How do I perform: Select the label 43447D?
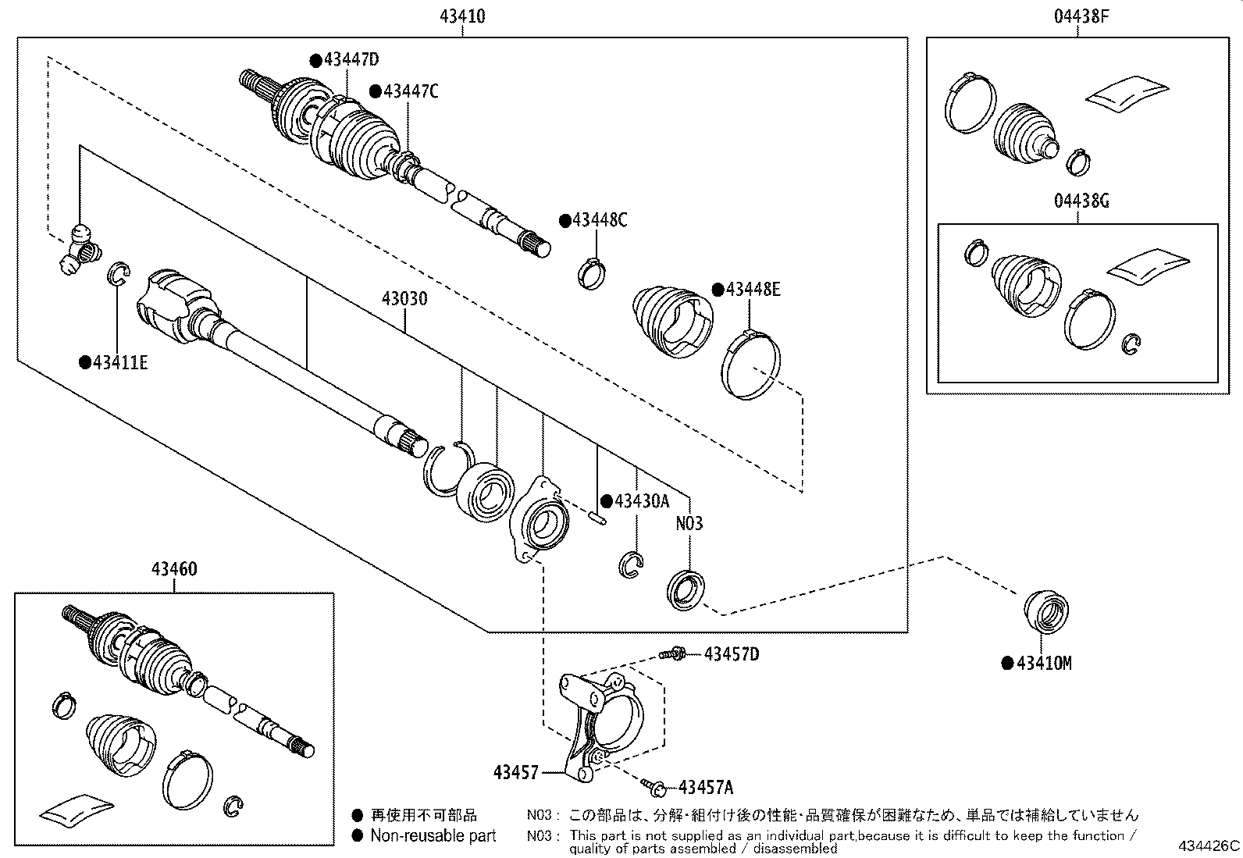click(x=351, y=60)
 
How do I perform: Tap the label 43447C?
click(x=410, y=91)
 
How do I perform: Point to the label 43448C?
click(x=599, y=220)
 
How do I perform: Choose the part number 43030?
click(x=404, y=298)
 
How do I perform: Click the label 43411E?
click(x=119, y=362)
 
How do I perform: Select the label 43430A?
click(x=641, y=500)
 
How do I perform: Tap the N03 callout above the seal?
click(x=689, y=523)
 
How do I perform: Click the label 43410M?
click(x=1044, y=664)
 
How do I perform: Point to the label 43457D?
click(x=731, y=653)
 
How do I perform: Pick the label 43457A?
click(x=706, y=787)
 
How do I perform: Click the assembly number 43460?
click(x=173, y=569)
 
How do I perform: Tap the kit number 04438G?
click(x=1081, y=201)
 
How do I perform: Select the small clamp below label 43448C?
click(x=591, y=272)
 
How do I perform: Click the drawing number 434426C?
click(x=1209, y=846)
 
